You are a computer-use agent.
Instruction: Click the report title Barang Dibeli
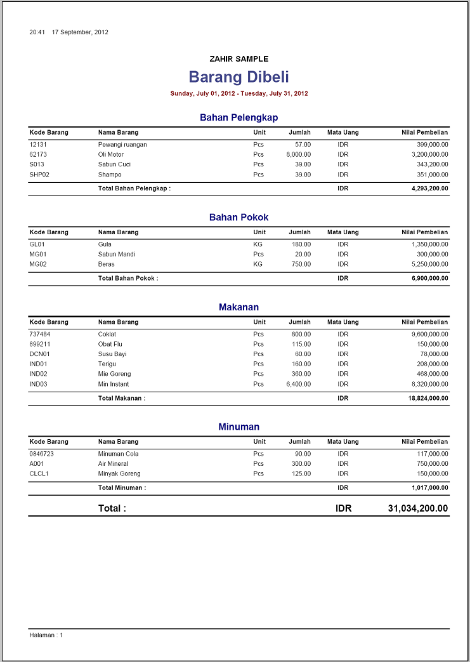238,77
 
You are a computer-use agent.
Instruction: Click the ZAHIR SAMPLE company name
238,59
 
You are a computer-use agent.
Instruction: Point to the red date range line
239,93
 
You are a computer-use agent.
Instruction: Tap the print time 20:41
37,32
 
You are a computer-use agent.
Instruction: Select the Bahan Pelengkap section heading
238,117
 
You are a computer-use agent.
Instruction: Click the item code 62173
38,154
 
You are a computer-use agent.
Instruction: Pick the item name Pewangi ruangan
122,144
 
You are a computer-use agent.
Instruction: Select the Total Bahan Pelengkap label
134,189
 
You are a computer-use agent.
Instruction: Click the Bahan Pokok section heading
238,217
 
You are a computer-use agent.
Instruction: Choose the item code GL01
37,244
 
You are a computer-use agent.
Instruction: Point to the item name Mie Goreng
114,374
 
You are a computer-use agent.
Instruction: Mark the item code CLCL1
39,473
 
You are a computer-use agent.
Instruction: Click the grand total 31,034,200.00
417,508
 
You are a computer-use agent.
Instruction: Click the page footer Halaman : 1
46,635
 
